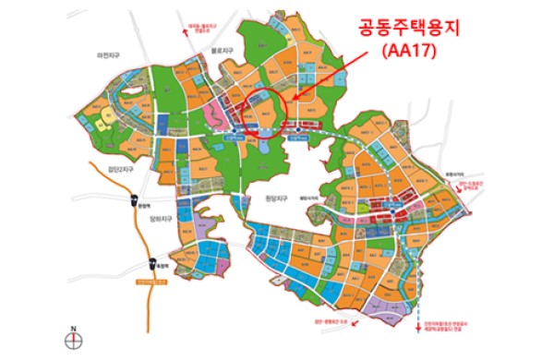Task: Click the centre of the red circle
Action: pyautogui.click(x=269, y=114)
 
